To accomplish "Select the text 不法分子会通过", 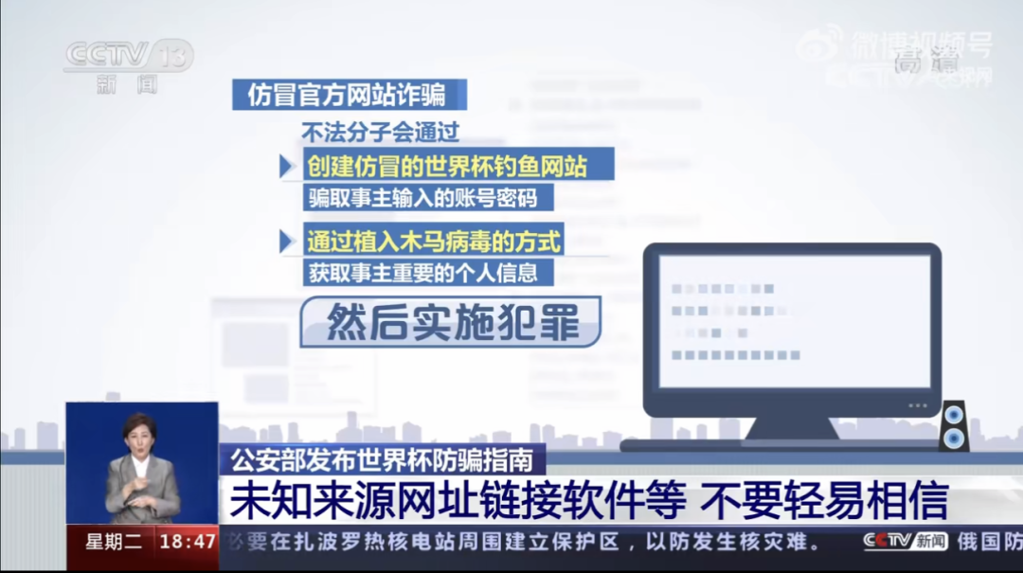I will tap(380, 132).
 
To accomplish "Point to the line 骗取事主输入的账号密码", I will tap(421, 198).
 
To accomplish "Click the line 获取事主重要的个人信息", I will tap(421, 272).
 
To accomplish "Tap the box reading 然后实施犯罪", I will tap(451, 323).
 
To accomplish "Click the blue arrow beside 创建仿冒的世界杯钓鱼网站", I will tap(286, 167).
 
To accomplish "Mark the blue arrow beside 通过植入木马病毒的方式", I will tap(286, 241).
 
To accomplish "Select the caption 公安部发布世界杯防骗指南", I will tap(383, 461).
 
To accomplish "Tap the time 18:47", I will tap(187, 542).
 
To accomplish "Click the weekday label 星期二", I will tap(113, 542).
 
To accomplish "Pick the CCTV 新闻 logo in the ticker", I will tap(905, 542).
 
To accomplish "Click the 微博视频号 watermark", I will tap(895, 45).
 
